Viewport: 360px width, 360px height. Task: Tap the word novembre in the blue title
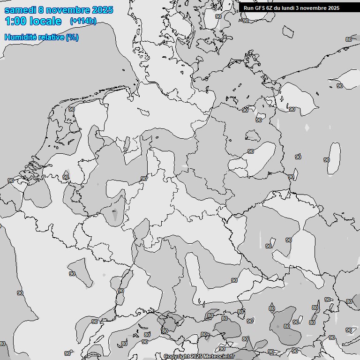click(x=68, y=10)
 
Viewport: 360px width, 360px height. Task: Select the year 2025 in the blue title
click(x=102, y=10)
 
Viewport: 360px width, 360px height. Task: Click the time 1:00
click(x=15, y=21)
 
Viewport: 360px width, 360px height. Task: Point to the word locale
click(x=45, y=21)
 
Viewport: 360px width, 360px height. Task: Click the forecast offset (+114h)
click(x=83, y=21)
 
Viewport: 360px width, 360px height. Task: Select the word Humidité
click(x=20, y=37)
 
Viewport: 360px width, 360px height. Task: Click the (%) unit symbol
click(x=72, y=37)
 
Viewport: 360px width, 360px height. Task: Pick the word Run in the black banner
click(x=248, y=8)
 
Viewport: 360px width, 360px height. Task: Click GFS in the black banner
click(x=260, y=8)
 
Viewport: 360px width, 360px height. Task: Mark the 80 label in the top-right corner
click(x=348, y=39)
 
